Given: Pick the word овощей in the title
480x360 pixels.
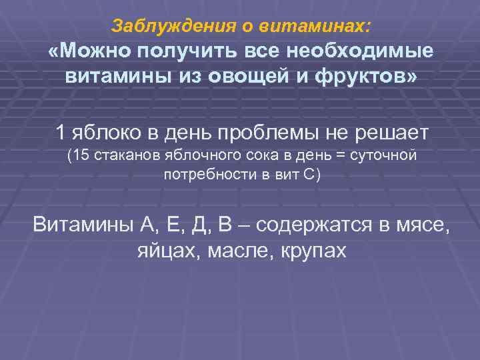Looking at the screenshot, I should tap(247, 76).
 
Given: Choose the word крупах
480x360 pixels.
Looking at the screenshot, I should tap(314, 250).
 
